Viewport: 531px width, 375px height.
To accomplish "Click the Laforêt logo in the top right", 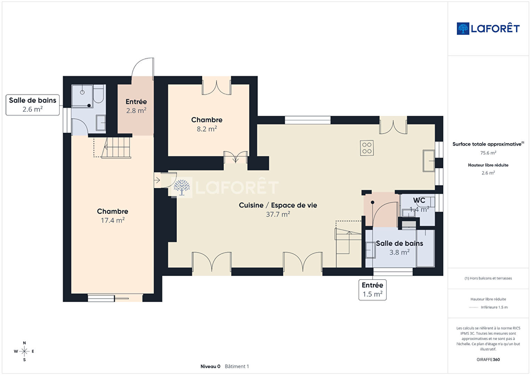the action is click(488, 28).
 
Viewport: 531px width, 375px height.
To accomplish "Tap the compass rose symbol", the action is click(24, 351).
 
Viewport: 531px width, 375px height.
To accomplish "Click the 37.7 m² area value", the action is click(278, 214).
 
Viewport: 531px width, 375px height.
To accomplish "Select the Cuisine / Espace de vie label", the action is click(278, 205).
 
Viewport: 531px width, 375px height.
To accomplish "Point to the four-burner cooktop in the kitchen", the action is click(367, 148).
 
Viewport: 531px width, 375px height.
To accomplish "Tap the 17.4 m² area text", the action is click(113, 220).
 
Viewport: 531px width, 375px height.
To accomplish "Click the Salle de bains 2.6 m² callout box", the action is click(32, 105).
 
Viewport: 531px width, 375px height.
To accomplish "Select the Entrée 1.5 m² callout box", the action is click(372, 290).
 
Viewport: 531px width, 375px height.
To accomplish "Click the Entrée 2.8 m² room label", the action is click(136, 106).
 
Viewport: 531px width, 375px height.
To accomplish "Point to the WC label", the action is click(419, 200).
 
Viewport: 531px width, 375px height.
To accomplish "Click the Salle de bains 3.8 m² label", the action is click(399, 248).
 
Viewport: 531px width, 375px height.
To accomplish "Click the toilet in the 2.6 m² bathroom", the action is click(98, 94).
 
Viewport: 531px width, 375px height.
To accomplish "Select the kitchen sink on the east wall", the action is click(429, 161).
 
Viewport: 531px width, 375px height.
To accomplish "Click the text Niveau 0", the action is click(210, 366).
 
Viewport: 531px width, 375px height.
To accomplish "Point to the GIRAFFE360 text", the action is click(488, 359).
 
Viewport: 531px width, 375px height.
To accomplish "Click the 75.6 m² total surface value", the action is click(488, 153).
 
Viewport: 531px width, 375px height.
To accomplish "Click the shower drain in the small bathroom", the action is click(82, 92).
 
